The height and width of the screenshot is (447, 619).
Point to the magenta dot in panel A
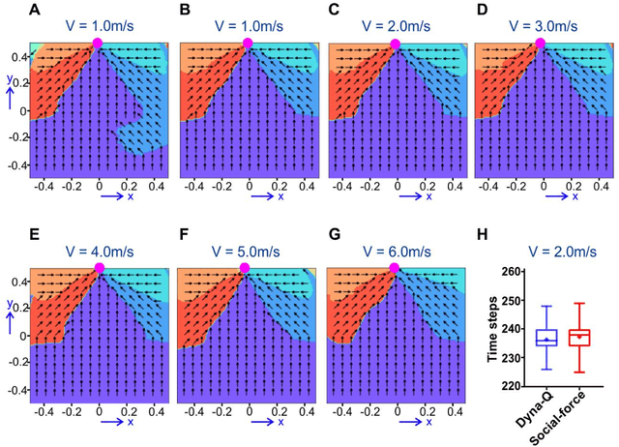(x=98, y=43)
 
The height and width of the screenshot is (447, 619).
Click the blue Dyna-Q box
(x=521, y=338)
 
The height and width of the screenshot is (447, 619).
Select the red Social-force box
(x=579, y=337)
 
